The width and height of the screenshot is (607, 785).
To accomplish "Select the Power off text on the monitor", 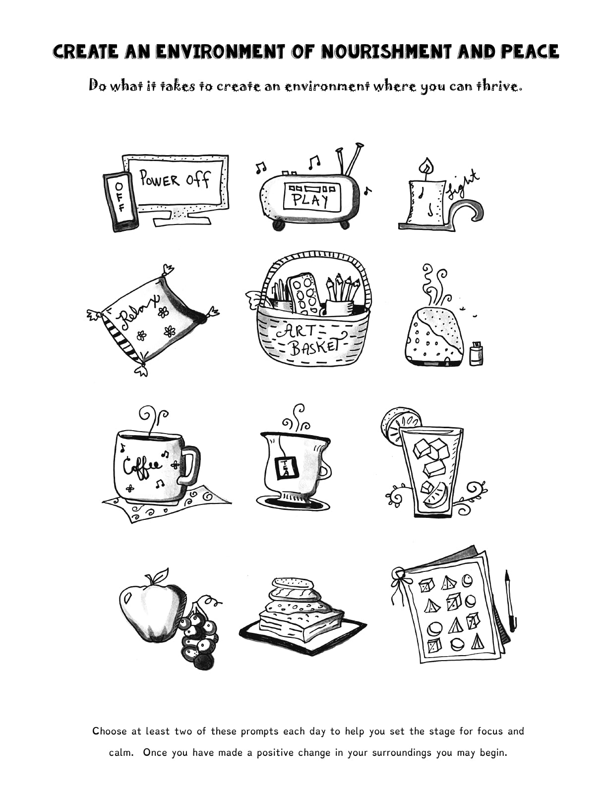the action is click(175, 179).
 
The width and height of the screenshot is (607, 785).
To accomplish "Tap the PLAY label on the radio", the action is click(310, 199).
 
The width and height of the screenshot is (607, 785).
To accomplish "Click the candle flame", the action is click(426, 166).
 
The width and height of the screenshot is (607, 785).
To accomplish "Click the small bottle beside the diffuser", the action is click(476, 353).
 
